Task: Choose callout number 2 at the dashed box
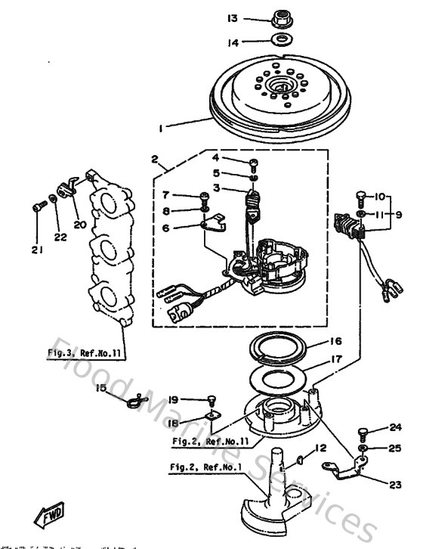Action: (x=154, y=160)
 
